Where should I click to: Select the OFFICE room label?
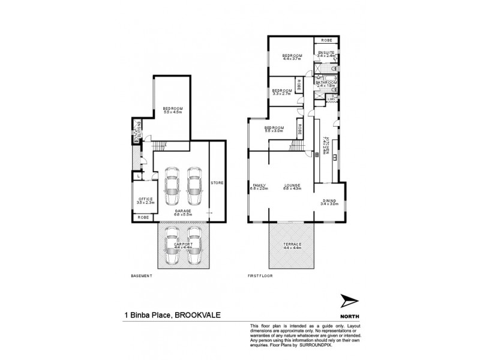click(145, 199)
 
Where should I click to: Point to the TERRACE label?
click(292, 245)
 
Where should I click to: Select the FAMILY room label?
click(259, 185)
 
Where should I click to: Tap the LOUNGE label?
click(292, 185)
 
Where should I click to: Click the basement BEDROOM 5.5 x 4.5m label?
click(172, 109)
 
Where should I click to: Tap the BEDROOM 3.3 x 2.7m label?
click(281, 91)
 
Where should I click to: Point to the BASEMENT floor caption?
click(142, 277)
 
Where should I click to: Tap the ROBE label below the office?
click(143, 217)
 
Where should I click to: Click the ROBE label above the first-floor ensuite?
click(326, 40)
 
